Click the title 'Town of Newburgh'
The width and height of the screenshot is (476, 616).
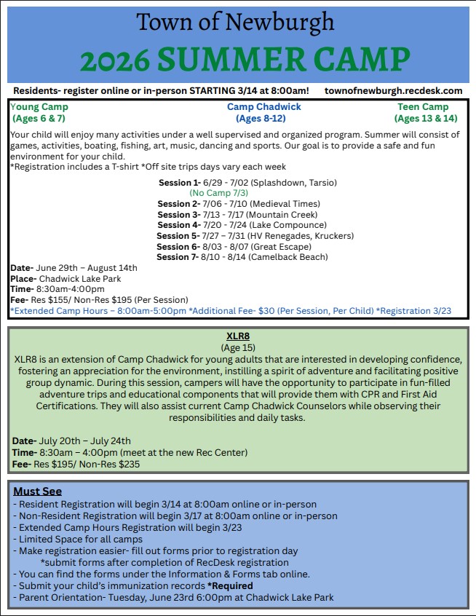pos(236,23)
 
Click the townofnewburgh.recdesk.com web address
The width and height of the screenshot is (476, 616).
pos(394,91)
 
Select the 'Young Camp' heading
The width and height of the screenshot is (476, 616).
pos(40,107)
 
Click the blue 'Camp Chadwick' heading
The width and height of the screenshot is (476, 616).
pos(263,107)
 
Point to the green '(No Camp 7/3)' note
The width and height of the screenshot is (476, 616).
pos(218,193)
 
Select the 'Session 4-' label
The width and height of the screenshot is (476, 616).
pos(178,225)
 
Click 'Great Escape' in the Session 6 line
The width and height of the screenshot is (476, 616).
pos(290,247)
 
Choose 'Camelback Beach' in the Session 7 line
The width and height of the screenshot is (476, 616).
pos(293,257)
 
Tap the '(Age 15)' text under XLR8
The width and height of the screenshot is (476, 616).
pos(239,348)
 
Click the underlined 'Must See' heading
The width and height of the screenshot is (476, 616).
pos(38,491)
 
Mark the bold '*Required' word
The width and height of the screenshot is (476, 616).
pos(230,585)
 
